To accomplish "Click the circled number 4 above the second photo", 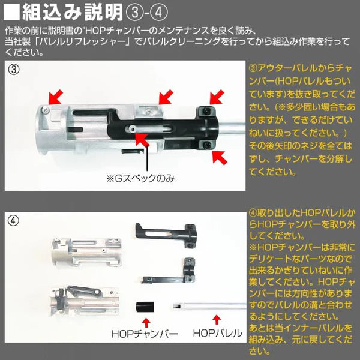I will [14, 218].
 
